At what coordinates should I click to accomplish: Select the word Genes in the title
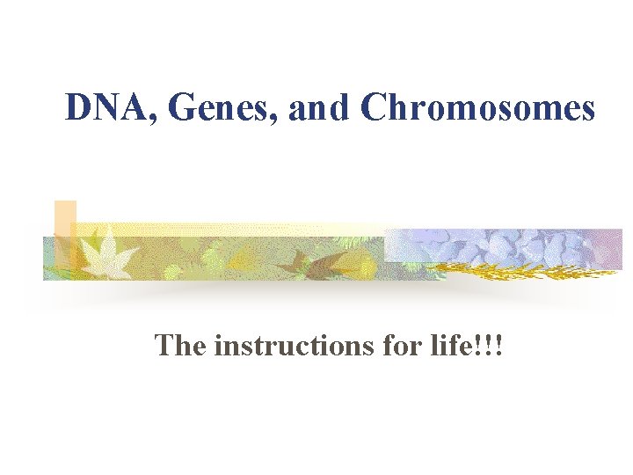[199, 108]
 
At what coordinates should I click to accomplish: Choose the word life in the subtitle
[463, 345]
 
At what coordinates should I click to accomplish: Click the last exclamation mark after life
[509, 345]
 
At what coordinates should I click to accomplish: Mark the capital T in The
[164, 345]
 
